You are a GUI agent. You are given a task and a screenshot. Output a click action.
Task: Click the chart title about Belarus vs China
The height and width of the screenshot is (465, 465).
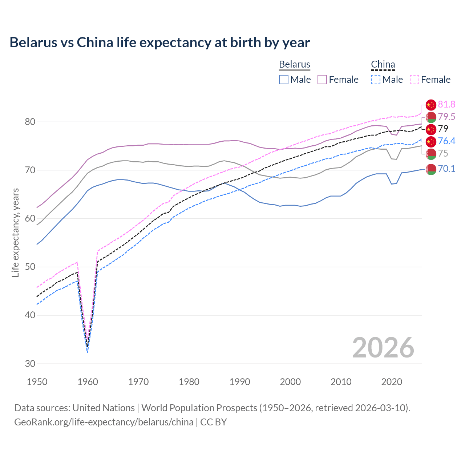(159, 43)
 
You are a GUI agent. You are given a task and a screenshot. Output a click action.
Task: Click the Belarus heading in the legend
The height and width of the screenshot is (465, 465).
(294, 64)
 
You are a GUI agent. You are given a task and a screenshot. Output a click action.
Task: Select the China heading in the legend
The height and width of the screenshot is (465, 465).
(383, 64)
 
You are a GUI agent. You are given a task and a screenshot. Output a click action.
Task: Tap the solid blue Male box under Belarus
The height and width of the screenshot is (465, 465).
(284, 80)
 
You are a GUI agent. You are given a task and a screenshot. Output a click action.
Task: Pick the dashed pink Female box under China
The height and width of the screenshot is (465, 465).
(415, 80)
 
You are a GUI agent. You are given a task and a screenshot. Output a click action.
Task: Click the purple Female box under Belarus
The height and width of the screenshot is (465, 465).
(322, 80)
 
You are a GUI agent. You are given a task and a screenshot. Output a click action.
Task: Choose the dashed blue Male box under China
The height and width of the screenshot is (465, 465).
(376, 80)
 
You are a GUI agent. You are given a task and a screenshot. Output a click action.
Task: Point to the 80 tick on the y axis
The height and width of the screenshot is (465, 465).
(30, 122)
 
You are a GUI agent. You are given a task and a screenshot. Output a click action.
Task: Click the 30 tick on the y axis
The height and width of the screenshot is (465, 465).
(30, 364)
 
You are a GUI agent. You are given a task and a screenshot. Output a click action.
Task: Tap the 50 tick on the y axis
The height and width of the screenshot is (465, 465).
(30, 267)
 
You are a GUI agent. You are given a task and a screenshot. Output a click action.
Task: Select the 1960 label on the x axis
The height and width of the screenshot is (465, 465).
(88, 382)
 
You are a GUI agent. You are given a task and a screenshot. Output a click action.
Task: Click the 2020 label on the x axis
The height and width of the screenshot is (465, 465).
(392, 382)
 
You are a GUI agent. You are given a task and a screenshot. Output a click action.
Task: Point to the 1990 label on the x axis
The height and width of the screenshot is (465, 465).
(240, 382)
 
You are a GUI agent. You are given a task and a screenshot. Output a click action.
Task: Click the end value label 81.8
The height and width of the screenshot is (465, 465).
(446, 105)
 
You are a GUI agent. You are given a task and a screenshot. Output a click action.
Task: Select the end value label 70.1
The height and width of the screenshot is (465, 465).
(446, 169)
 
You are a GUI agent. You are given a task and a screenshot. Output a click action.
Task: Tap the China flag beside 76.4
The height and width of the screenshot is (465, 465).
(431, 141)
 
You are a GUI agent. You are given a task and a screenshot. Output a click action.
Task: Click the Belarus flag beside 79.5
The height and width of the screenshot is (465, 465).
(431, 117)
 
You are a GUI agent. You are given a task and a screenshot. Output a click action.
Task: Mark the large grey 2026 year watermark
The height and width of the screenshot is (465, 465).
(383, 348)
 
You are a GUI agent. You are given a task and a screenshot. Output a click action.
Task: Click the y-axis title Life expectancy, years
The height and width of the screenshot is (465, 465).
(15, 232)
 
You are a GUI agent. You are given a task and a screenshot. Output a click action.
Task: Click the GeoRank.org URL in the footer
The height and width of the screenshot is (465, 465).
(104, 422)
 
